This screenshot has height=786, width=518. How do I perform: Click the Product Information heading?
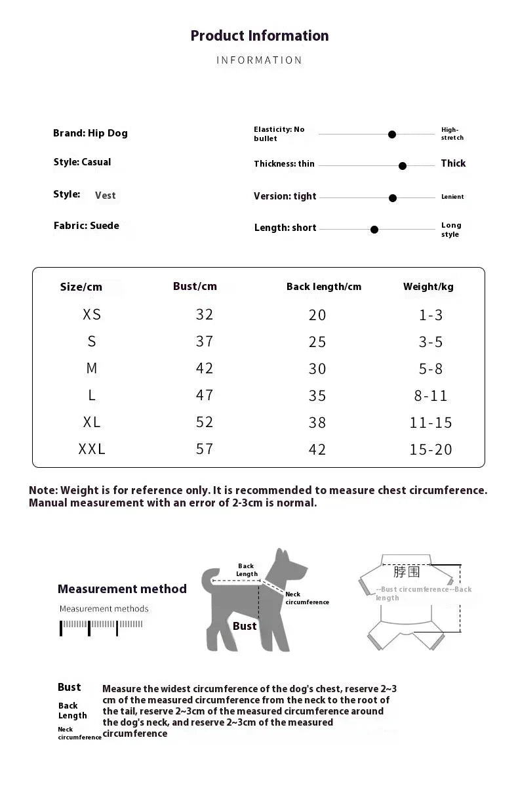(x=260, y=35)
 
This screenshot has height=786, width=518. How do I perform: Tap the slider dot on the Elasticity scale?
(x=392, y=134)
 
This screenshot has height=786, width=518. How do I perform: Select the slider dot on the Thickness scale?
(x=403, y=166)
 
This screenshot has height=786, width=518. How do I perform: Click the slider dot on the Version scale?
(x=393, y=197)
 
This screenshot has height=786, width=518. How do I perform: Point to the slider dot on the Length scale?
(x=374, y=230)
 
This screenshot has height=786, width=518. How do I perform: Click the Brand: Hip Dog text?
(x=90, y=133)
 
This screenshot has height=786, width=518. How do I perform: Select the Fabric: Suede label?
(x=87, y=226)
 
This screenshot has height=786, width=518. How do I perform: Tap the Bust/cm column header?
(x=195, y=286)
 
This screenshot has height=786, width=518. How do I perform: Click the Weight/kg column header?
(x=428, y=286)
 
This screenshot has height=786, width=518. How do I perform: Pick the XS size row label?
(x=92, y=314)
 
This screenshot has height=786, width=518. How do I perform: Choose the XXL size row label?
(x=92, y=449)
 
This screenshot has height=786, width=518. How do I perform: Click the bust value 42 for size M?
(x=205, y=368)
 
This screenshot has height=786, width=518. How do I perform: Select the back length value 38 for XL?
(x=317, y=423)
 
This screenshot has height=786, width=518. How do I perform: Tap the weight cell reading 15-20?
(x=431, y=449)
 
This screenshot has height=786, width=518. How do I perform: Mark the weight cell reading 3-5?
(x=431, y=342)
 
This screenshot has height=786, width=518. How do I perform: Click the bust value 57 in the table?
(x=205, y=449)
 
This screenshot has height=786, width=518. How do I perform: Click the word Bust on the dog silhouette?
(x=245, y=626)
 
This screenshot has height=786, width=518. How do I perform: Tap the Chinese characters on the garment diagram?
(x=407, y=572)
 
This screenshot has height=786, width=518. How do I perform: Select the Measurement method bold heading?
(x=122, y=589)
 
